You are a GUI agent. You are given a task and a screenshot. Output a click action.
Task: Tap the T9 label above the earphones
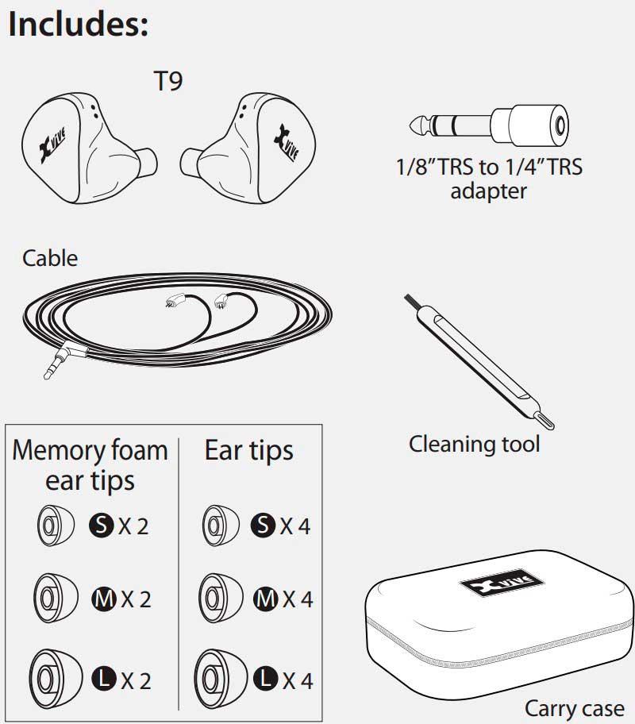pos(167,82)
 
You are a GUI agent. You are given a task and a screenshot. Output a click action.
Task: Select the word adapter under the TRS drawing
pos(488,191)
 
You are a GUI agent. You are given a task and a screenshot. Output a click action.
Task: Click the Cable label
pos(50,258)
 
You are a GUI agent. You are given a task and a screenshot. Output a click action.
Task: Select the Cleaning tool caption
pos(474,444)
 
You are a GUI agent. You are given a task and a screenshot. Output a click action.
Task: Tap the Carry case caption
pos(574,707)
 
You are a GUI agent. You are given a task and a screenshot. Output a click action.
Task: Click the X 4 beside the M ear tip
pos(295,599)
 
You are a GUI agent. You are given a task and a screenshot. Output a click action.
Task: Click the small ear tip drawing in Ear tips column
pos(220,524)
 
